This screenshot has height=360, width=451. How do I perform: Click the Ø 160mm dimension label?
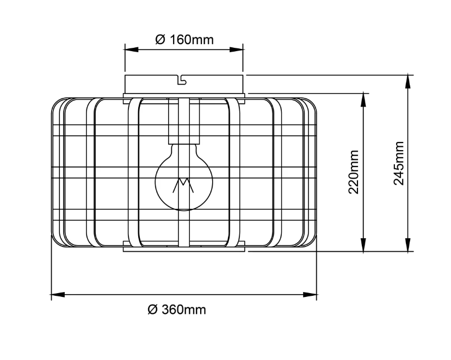pos(184,40)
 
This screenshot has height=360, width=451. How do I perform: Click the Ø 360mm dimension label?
pos(177,309)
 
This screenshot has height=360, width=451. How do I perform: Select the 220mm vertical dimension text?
pos(354,172)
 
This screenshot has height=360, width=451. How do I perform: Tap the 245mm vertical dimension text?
pos(399,163)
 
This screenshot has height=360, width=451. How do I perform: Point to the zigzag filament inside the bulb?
pos(183,185)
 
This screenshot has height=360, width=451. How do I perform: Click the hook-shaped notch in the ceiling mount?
pos(182,80)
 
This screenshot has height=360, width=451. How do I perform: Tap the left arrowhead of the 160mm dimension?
pos(132,49)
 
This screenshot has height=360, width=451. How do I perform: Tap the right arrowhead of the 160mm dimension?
pos(237,49)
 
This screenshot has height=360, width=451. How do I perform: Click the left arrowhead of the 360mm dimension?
pos(58,295)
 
